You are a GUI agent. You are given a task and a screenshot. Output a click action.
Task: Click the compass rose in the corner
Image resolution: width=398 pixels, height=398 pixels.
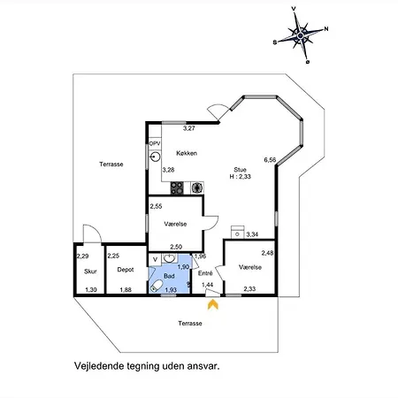[301, 35]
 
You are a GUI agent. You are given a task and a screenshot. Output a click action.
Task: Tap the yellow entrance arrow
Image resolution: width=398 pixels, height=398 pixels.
[213, 305]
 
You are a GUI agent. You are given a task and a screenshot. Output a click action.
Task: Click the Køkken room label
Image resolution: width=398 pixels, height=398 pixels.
[187, 153]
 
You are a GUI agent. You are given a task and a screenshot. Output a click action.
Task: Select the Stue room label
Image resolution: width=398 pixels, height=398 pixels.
[240, 170]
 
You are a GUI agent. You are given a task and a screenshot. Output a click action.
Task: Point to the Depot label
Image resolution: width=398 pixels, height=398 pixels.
[126, 270]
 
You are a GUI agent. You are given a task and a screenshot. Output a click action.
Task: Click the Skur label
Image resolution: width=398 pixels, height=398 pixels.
[90, 272]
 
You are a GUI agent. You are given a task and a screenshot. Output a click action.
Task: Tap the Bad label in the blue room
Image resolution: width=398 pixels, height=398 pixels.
[169, 276]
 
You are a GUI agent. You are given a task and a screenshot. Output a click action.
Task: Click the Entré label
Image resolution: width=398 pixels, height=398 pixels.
[205, 273]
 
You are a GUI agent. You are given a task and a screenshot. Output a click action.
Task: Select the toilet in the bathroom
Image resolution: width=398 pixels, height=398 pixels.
[156, 286]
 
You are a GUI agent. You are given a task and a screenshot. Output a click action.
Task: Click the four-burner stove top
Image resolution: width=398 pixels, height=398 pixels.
[177, 188]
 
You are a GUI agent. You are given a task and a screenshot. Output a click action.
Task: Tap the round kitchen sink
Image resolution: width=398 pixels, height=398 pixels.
[155, 157]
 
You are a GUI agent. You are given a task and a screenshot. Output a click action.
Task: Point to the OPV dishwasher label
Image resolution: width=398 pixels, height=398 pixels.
[155, 143]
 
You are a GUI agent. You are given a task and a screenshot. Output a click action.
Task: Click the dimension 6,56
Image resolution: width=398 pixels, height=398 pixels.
[270, 160]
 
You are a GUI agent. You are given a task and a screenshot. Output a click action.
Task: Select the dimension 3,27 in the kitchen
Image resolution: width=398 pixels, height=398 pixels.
[189, 128]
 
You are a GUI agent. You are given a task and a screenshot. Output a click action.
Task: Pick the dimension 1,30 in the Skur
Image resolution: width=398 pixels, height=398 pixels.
[91, 290]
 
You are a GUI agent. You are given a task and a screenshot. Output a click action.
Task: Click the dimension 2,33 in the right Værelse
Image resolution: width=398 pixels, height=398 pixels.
[249, 289]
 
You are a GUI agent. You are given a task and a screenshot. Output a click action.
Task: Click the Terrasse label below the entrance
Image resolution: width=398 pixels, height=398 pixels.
[190, 324]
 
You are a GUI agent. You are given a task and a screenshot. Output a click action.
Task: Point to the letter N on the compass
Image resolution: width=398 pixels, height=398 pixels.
[326, 29]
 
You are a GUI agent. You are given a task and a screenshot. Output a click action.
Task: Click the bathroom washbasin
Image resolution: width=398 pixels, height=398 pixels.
[169, 258]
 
